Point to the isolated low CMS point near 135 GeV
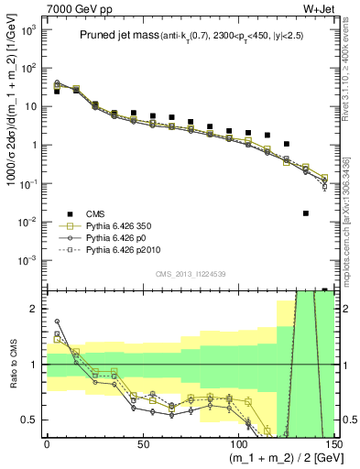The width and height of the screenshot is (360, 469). click(x=306, y=213)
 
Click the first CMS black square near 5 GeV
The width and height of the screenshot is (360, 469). click(x=57, y=92)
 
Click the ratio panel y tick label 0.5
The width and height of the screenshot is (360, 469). click(x=31, y=420)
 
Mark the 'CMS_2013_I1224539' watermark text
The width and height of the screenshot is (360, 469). click(x=188, y=272)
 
